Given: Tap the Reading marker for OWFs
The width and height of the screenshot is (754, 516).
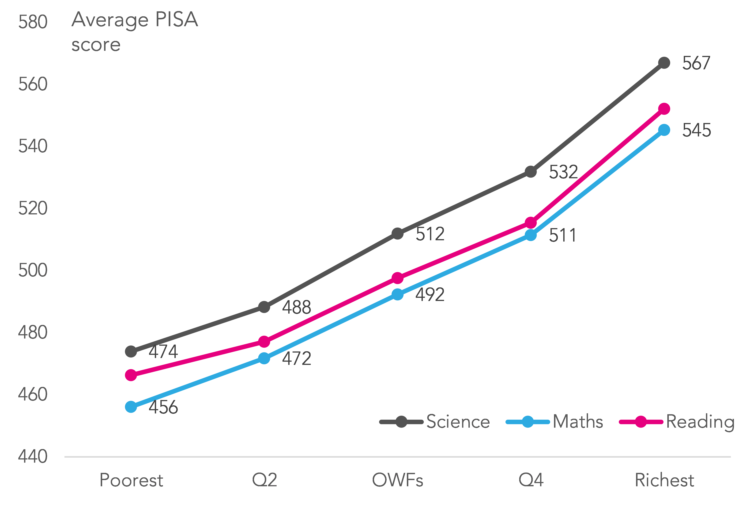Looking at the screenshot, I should (397, 278).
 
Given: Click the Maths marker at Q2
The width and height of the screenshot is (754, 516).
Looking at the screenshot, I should (264, 358).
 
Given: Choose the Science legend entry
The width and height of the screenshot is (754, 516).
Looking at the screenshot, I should (435, 422).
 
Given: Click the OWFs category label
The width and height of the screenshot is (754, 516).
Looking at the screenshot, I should (397, 480).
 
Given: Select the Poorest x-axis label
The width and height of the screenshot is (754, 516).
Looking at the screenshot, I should (131, 480).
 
